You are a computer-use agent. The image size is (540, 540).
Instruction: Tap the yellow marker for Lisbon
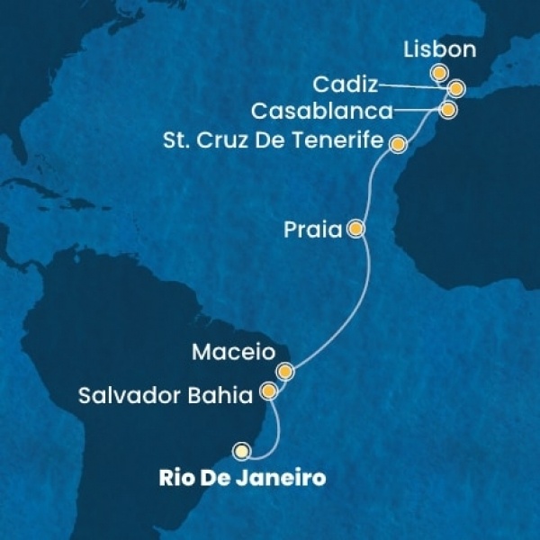pos(438,74)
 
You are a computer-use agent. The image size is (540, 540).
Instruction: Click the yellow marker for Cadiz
pos(456,88)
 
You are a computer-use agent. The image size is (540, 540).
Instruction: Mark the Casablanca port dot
pos(447,109)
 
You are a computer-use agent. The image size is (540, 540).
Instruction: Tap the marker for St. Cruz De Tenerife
pos(396,142)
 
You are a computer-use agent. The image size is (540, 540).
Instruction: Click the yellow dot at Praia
pos(356,229)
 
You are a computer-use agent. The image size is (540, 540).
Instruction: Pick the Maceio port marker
pos(285,371)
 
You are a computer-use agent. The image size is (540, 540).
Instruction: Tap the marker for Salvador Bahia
pos(268,391)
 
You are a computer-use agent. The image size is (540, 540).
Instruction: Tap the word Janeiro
pos(286,478)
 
